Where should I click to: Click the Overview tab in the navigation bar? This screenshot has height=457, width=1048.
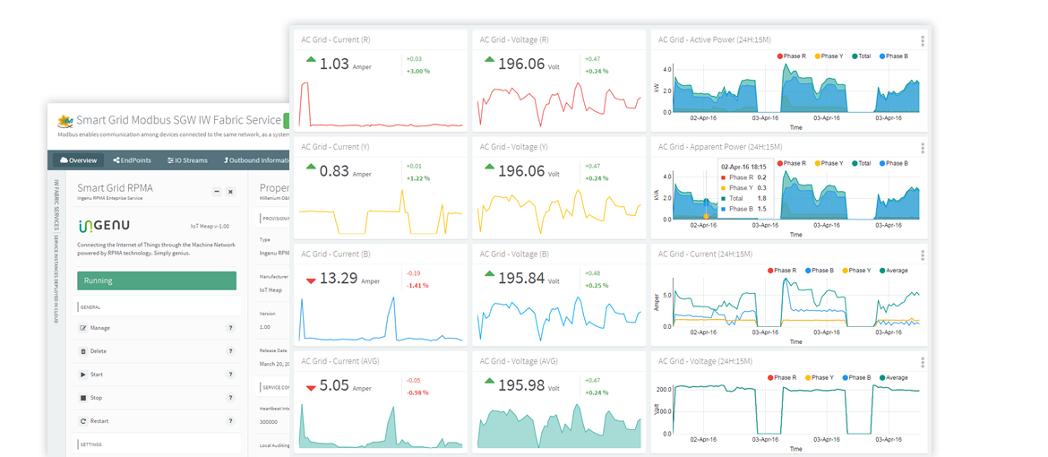pyautogui.click(x=78, y=160)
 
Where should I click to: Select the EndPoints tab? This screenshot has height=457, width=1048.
pyautogui.click(x=133, y=160)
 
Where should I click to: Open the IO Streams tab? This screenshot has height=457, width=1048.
pyautogui.click(x=187, y=160)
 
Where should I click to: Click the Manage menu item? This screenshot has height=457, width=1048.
pyautogui.click(x=99, y=328)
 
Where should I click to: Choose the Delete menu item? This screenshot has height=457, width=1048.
pyautogui.click(x=98, y=351)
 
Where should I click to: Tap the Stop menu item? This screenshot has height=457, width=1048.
pyautogui.click(x=96, y=398)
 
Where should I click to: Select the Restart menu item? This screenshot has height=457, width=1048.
pyautogui.click(x=99, y=421)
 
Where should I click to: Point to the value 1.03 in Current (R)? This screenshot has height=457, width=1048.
pyautogui.click(x=333, y=64)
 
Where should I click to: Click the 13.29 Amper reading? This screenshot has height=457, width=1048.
pyautogui.click(x=338, y=278)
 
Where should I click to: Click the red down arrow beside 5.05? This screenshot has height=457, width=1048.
pyautogui.click(x=311, y=388)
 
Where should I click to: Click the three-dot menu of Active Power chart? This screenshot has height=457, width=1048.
pyautogui.click(x=923, y=41)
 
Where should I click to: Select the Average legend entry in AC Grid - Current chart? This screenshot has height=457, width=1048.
pyautogui.click(x=896, y=271)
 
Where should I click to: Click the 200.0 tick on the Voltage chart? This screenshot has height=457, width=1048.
pyautogui.click(x=663, y=390)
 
